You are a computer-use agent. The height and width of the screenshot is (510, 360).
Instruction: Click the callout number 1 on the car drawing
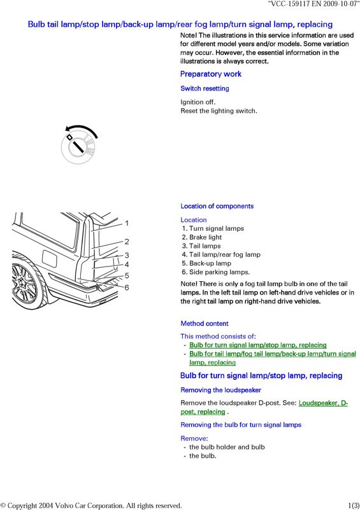[127, 223]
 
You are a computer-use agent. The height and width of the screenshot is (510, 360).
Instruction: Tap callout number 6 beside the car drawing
[127, 288]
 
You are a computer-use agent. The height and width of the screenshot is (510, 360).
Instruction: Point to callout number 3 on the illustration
[127, 256]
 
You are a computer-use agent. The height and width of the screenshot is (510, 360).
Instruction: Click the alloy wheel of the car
[25, 284]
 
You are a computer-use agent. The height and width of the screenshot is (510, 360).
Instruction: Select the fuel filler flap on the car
[50, 259]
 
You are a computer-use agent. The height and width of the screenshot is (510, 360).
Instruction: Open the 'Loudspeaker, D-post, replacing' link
[264, 407]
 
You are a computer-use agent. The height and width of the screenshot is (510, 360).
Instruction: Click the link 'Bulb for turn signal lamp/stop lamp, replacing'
[258, 345]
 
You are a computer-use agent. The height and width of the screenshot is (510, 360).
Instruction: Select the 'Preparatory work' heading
[211, 74]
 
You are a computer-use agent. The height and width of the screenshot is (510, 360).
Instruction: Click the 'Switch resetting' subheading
[205, 89]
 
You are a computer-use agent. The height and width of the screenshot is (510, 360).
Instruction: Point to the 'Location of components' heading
[217, 206]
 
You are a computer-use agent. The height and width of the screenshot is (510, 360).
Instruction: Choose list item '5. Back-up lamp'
[206, 263]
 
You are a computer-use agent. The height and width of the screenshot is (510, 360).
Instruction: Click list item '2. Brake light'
[201, 237]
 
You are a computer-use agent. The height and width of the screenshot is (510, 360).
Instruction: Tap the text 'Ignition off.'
[198, 102]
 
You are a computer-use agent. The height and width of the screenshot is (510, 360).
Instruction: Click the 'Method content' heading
[205, 323]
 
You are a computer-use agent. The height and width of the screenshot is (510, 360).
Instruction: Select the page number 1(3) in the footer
[354, 506]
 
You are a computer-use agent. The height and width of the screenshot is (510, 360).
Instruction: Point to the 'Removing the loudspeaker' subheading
[221, 390]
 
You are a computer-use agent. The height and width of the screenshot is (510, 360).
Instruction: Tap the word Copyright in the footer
[22, 506]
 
